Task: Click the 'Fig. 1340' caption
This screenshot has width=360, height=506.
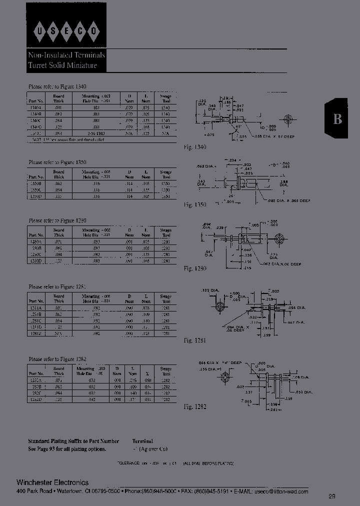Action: [195, 147]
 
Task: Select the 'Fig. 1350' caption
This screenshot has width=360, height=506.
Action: [195, 204]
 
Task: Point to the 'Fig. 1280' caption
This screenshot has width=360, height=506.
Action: [195, 268]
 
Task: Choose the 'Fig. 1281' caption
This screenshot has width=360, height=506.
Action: [195, 340]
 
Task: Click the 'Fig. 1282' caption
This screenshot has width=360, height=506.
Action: [195, 407]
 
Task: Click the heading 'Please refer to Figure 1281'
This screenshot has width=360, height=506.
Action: [57, 287]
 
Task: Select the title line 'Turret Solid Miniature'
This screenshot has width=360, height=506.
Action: [62, 66]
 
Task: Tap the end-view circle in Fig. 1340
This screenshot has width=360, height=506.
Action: [287, 119]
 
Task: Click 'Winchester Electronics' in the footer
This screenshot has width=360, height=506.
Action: [52, 482]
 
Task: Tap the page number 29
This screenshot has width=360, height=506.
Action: [332, 496]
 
